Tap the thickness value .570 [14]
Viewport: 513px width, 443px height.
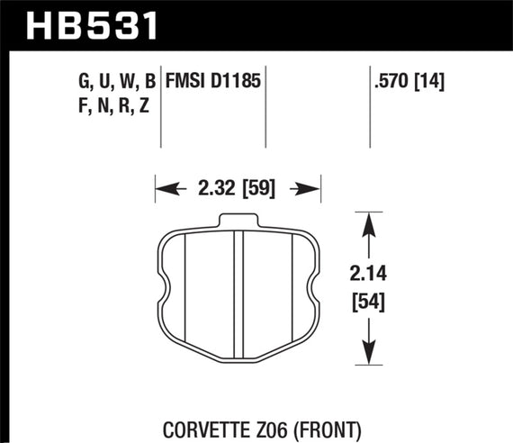409,82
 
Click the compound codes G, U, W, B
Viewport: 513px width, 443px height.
118,82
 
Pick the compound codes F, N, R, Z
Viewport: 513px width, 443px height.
116,106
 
